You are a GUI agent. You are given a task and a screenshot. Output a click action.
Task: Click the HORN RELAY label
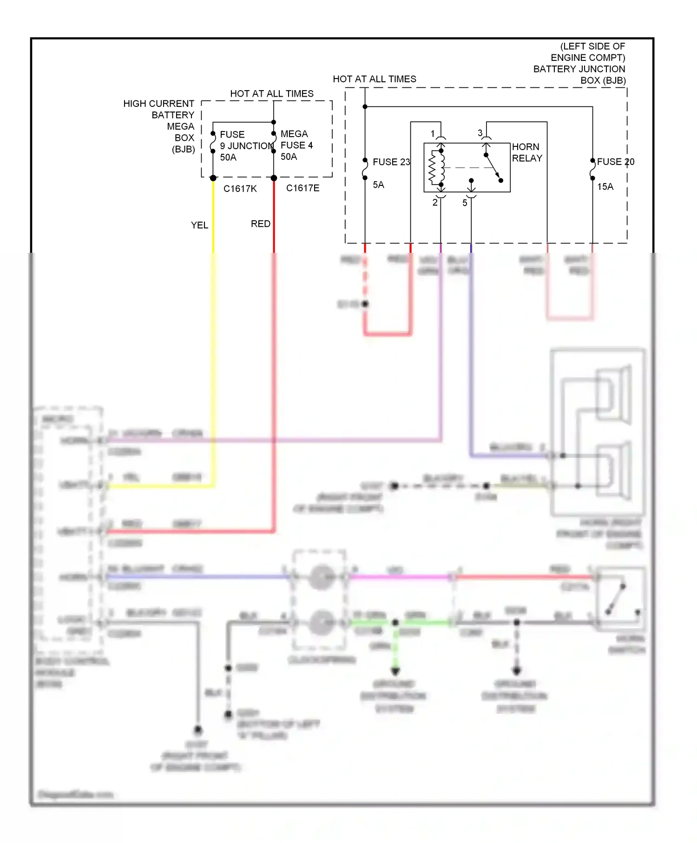[527, 152]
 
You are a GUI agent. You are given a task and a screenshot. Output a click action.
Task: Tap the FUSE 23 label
[391, 162]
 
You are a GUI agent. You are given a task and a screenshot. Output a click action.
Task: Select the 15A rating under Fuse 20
[605, 186]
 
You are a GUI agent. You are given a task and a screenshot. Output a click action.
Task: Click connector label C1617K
[240, 189]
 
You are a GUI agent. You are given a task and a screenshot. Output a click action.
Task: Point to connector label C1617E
[302, 188]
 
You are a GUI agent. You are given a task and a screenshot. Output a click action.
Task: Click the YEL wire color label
[199, 225]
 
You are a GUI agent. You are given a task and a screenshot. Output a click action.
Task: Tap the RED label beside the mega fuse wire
[260, 224]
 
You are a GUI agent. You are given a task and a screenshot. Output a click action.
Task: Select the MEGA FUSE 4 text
[296, 139]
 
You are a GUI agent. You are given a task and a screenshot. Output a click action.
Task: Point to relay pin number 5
[465, 203]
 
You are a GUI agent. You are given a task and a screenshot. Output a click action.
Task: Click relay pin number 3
[480, 133]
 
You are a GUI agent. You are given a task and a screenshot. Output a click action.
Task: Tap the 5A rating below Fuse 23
[378, 185]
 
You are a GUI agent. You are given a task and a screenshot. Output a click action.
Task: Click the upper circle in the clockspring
[321, 577]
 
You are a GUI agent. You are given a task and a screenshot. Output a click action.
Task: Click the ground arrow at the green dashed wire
[395, 671]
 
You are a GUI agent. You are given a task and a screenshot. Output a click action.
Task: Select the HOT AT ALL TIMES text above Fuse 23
[374, 79]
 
